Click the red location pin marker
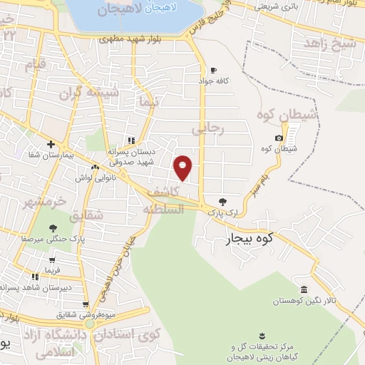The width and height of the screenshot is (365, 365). [183, 167]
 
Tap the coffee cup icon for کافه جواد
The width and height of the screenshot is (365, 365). [213, 70]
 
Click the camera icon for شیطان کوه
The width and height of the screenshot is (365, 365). [279, 138]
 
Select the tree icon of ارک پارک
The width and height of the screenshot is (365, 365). [223, 202]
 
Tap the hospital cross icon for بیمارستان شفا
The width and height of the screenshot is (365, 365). [51, 144]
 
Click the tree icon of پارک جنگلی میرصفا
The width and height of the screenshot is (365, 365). [53, 228]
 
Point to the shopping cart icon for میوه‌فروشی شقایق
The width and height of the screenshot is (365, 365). [86, 305]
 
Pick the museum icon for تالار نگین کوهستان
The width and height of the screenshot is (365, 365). [304, 289]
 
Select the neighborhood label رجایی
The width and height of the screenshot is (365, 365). [209, 129]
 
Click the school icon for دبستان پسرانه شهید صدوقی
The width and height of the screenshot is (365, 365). [130, 140]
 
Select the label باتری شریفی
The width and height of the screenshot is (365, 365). [277, 6]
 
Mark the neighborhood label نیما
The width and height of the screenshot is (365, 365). [149, 103]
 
